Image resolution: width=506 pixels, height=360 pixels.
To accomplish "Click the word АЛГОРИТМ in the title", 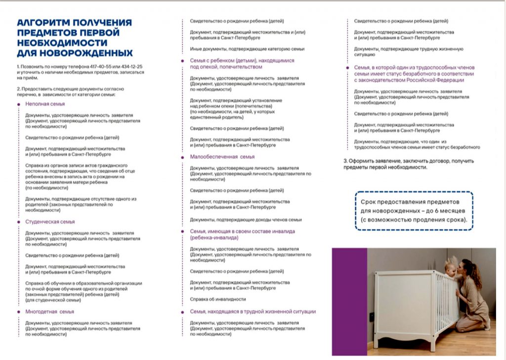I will click(x=42, y=23).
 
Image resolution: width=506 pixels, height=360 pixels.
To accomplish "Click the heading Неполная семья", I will click(x=45, y=104).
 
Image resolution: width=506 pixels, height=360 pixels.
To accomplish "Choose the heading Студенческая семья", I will click(x=50, y=222).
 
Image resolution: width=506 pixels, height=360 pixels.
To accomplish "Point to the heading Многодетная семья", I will click(x=49, y=312).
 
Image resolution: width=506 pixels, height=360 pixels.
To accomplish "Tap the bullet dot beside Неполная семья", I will click(x=19, y=104).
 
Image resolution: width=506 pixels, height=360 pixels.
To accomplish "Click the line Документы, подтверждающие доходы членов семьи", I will click(x=246, y=220).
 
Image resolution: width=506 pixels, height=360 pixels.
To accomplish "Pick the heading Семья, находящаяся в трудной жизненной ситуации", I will click(x=253, y=312).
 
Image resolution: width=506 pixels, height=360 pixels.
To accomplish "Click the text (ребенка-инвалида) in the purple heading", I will click(x=214, y=238).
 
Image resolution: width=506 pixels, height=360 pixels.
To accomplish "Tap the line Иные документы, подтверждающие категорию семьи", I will click(x=247, y=49).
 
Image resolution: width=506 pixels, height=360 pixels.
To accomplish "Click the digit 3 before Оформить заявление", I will click(x=345, y=161).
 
